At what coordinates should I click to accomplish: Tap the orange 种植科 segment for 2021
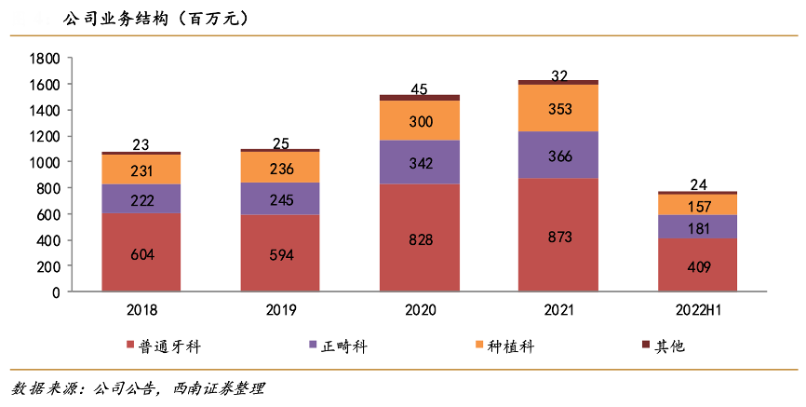(558, 108)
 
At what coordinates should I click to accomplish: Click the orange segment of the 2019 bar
(280, 168)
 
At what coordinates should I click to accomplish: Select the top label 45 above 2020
(419, 89)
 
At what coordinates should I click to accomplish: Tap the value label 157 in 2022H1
(698, 205)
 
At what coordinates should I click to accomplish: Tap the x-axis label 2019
(280, 310)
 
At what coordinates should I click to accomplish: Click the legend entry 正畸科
(341, 347)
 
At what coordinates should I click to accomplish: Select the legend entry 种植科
(508, 347)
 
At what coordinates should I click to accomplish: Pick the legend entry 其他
(668, 347)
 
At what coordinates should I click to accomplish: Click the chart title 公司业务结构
(116, 18)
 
